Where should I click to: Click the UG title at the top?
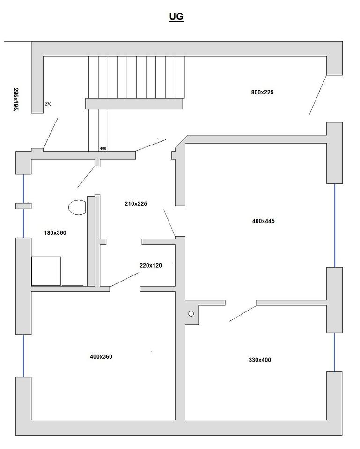point(176,17)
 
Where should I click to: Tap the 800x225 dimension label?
point(262,92)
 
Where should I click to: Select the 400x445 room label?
point(264,221)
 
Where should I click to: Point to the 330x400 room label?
point(260,360)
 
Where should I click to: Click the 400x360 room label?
point(101,357)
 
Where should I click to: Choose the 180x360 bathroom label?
point(55,233)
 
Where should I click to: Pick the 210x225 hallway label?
point(136,203)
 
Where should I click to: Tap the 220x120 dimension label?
point(151,266)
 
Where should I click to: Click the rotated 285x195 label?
point(16,100)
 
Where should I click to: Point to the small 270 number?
point(48,104)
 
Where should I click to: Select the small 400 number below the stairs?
point(103,148)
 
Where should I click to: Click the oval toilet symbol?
point(77,207)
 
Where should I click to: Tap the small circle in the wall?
point(191,314)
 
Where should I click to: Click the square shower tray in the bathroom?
point(46,271)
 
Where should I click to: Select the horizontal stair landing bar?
point(134,104)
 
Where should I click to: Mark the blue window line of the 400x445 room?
point(335,225)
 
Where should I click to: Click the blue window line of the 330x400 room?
point(334,352)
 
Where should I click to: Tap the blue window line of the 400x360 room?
point(23,356)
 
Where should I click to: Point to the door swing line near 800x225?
point(318,95)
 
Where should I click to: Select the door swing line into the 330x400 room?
point(242,313)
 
